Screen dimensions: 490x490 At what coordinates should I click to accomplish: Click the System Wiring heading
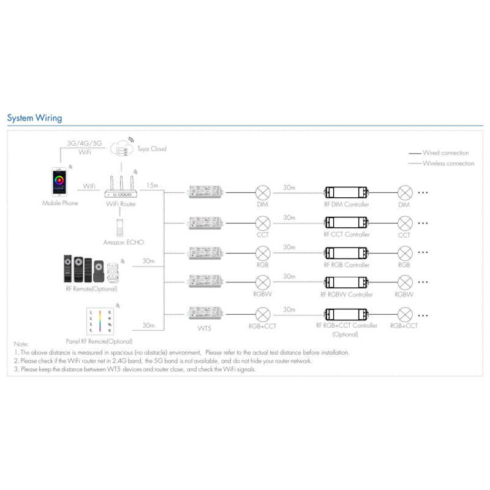pyautogui.click(x=34, y=118)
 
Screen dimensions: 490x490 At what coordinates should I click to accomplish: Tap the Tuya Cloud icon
pyautogui.click(x=121, y=148)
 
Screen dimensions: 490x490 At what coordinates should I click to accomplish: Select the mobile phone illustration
pyautogui.click(x=60, y=181)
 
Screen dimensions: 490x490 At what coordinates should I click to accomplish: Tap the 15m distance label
pyautogui.click(x=152, y=184)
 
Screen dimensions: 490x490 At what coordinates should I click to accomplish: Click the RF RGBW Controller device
pyautogui.click(x=346, y=282)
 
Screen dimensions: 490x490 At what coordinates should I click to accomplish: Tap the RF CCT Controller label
pyautogui.click(x=347, y=235)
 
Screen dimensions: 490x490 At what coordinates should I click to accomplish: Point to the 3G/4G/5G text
pyautogui.click(x=85, y=143)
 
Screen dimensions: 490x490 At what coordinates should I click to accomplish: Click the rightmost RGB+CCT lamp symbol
pyautogui.click(x=404, y=314)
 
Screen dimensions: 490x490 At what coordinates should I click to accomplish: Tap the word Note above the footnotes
pyautogui.click(x=21, y=345)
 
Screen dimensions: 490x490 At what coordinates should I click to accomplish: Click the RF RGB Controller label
pyautogui.click(x=347, y=265)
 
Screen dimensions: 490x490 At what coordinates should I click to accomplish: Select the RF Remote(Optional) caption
pyautogui.click(x=91, y=288)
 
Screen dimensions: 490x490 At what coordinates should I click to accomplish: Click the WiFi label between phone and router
pyautogui.click(x=89, y=185)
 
